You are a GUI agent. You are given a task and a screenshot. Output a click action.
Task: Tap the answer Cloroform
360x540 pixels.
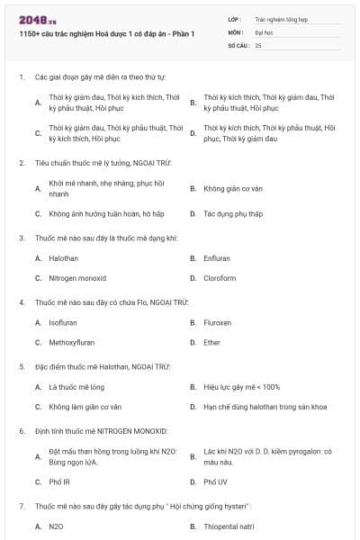tap(220, 278)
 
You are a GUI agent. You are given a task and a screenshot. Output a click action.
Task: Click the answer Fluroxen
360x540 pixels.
tap(218, 322)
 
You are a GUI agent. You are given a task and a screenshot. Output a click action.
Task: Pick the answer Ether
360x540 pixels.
tap(212, 342)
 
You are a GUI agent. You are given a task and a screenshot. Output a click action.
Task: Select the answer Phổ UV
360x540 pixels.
tap(215, 481)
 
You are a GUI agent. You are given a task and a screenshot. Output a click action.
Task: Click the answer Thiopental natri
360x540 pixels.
tap(229, 526)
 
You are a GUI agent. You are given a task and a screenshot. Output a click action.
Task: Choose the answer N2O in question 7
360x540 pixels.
tap(56, 526)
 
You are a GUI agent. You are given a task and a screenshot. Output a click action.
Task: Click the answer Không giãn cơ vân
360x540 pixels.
tap(232, 189)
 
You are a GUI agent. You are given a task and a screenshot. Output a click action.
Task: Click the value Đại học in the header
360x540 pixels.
tap(265, 31)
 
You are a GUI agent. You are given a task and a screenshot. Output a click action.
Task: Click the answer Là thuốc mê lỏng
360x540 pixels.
tap(76, 386)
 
